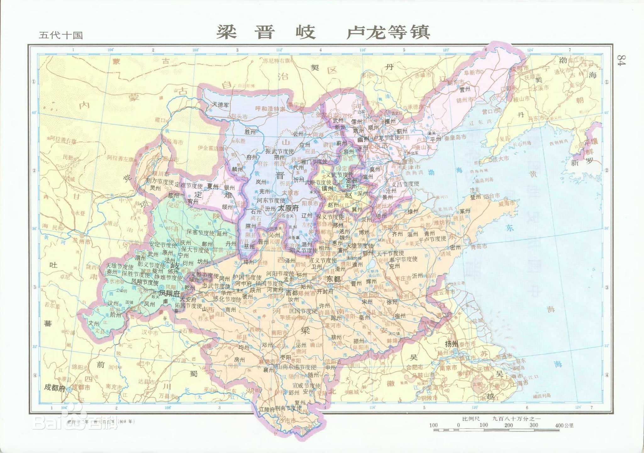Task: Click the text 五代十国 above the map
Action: point(61,35)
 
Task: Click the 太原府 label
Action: point(288,208)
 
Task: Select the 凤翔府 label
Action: point(169,293)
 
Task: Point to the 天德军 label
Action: point(220,104)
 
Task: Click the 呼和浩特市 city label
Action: point(270,109)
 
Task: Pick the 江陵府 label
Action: point(267,409)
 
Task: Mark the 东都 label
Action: point(333,279)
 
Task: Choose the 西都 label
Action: point(291,293)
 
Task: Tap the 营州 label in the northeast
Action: point(465,89)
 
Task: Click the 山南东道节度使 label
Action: point(296,367)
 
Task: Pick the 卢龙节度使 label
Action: point(386,137)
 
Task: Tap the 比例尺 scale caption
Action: point(471,419)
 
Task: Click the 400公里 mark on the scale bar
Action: point(564,425)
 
